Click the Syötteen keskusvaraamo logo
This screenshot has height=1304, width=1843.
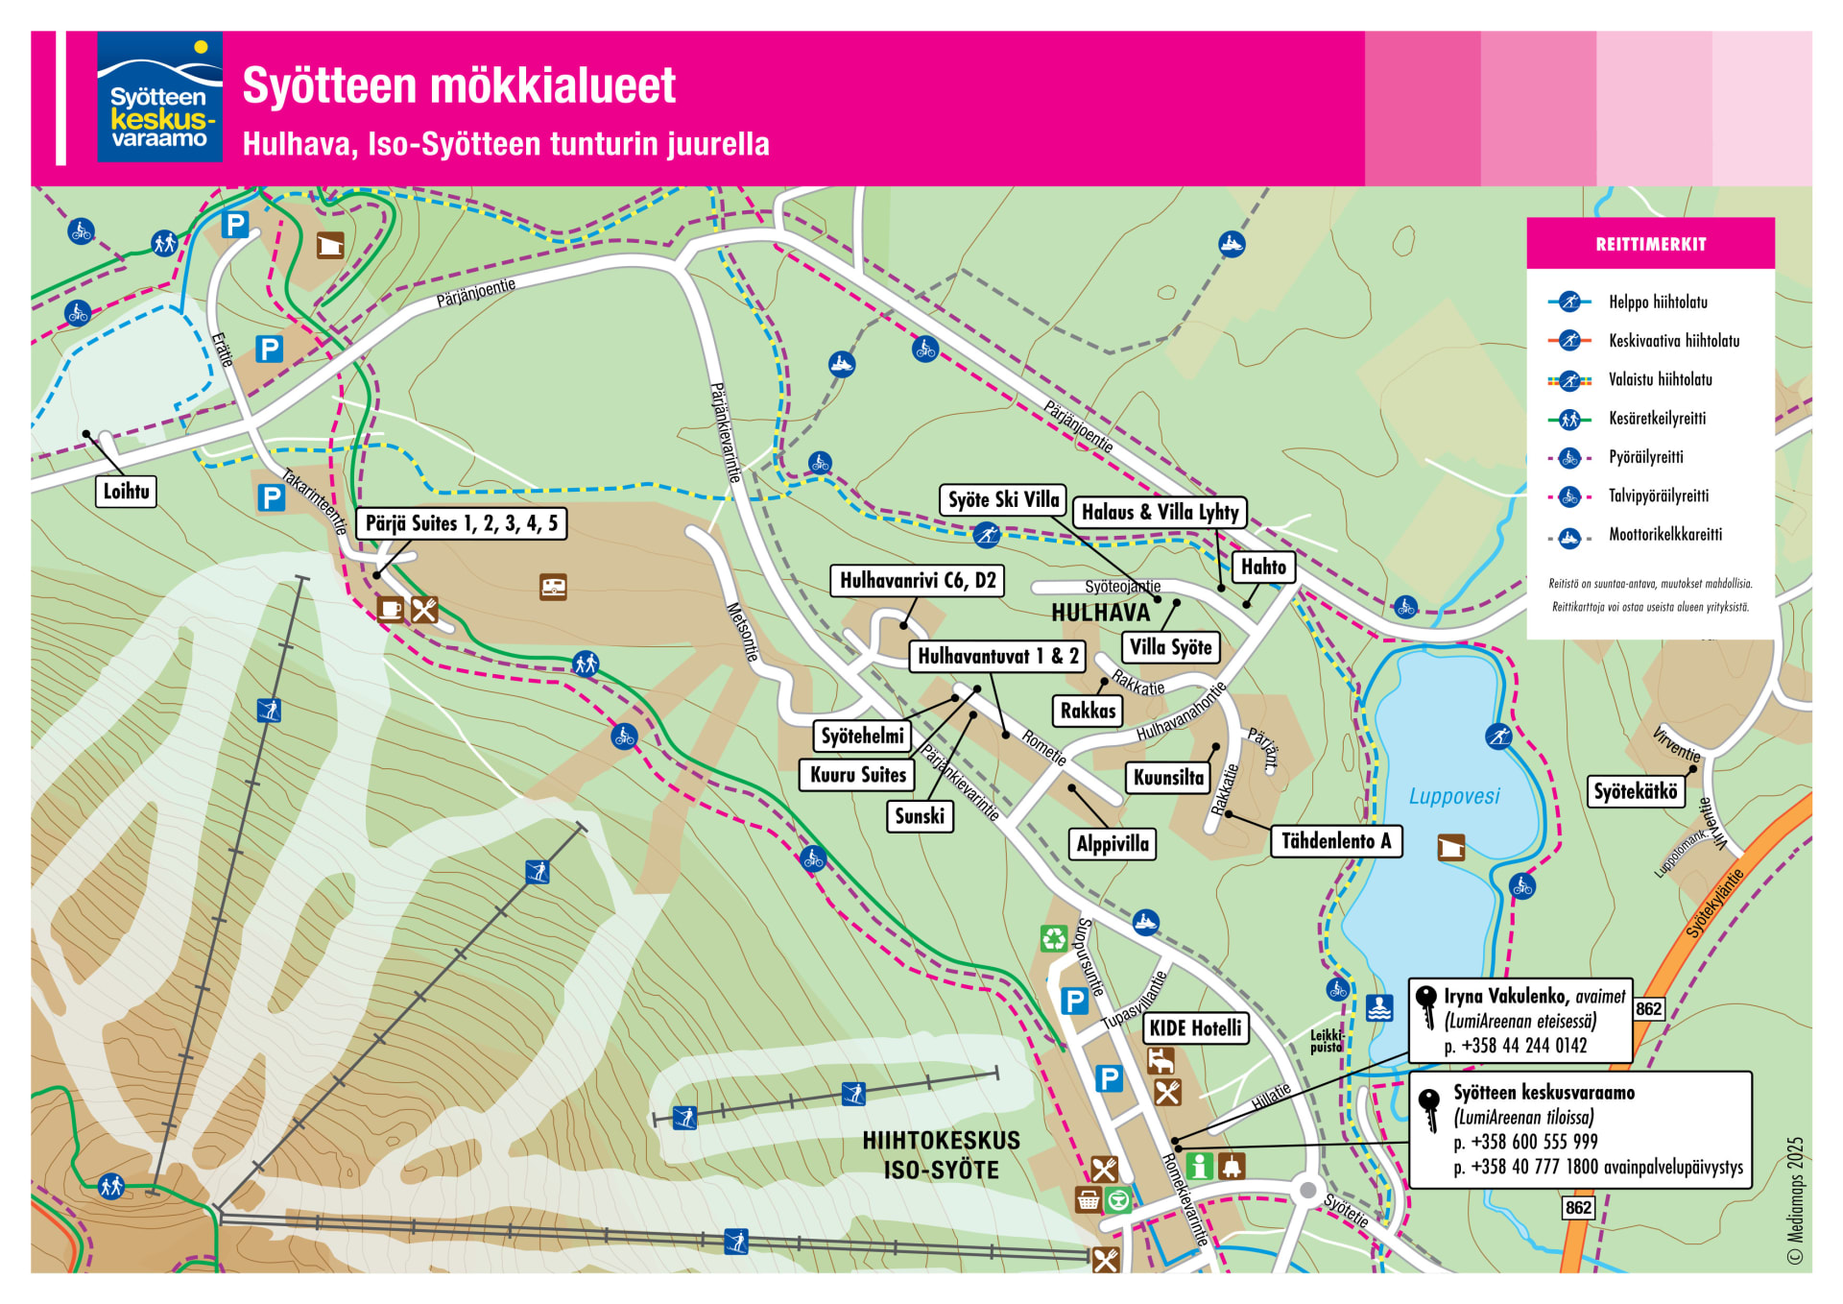(x=159, y=97)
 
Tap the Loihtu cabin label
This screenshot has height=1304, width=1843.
(x=126, y=492)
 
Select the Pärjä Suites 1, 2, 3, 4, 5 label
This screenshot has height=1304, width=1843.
(x=461, y=523)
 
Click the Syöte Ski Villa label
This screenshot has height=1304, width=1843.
(x=1003, y=499)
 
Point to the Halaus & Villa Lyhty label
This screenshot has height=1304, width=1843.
(x=1160, y=513)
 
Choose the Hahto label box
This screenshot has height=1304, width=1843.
(x=1263, y=567)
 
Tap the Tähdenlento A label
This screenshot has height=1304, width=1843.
(x=1335, y=841)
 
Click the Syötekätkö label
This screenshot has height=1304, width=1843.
(x=1636, y=792)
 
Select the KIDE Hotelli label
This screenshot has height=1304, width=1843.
(x=1195, y=1028)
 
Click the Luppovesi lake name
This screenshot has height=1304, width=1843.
(x=1453, y=796)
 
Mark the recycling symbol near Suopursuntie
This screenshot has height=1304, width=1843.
(x=1054, y=938)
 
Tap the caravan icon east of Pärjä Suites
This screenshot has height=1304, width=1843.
(x=553, y=587)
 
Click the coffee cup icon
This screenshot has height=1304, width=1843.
(x=390, y=609)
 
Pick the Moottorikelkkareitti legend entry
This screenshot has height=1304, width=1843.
(x=1664, y=535)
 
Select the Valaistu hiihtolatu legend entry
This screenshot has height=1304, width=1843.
(x=1660, y=380)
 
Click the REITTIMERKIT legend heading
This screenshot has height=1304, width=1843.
(x=1650, y=245)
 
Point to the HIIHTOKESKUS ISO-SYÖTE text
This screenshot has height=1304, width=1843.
(x=941, y=1155)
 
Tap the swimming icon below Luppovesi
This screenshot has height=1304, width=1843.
(x=1379, y=1008)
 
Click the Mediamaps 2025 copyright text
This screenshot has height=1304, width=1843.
(x=1795, y=1201)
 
